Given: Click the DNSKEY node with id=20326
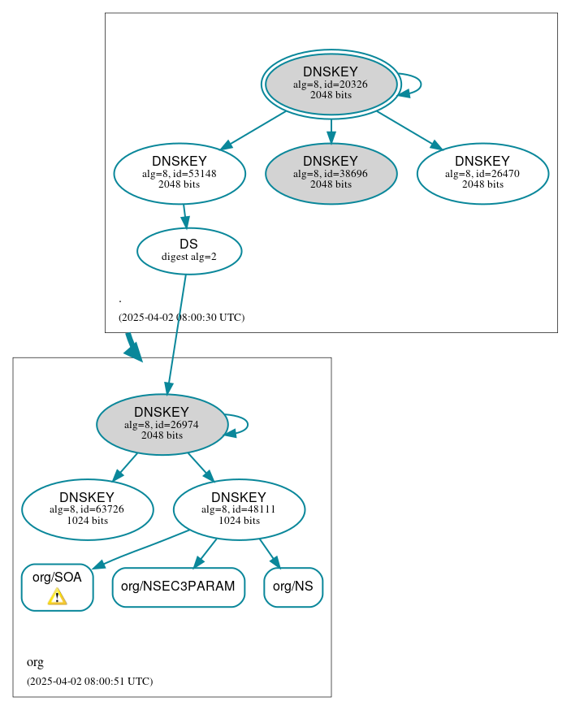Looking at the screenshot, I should (x=331, y=84).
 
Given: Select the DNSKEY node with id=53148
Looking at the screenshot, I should (x=180, y=173).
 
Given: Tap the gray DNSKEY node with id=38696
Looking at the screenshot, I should (x=331, y=173).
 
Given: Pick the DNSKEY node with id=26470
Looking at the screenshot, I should (x=482, y=173).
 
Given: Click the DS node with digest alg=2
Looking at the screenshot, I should (x=188, y=250).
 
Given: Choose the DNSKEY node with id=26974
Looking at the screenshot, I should (x=162, y=424).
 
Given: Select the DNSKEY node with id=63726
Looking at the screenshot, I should (x=87, y=509).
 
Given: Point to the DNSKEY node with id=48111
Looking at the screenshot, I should (x=239, y=509).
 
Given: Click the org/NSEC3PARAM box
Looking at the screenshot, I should (x=178, y=587).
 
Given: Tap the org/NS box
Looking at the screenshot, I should (x=293, y=587).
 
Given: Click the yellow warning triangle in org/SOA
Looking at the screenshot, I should (x=57, y=597).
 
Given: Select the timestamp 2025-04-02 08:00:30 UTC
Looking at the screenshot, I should (x=181, y=318).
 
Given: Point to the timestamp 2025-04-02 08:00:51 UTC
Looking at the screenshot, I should (x=89, y=682).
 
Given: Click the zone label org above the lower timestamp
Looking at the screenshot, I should (x=35, y=662).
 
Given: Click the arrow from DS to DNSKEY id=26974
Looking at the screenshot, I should (x=176, y=333).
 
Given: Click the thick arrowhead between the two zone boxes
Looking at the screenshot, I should (x=132, y=349).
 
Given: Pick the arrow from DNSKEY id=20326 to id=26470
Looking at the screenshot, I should (x=409, y=130).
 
